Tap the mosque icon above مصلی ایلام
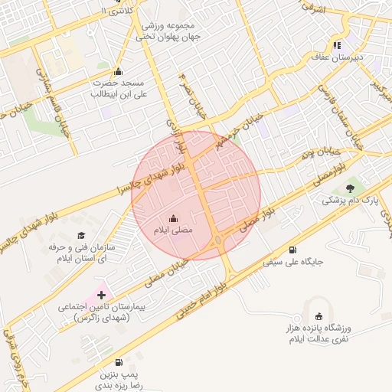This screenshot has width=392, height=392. [x=171, y=217]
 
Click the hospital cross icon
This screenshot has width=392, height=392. [x=101, y=295]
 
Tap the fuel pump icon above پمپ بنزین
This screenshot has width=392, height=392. [x=118, y=362]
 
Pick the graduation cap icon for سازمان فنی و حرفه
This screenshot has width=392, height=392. [x=81, y=236]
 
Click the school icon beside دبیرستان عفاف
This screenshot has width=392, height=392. [x=338, y=44]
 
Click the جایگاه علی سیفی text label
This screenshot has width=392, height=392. [x=294, y=262]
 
